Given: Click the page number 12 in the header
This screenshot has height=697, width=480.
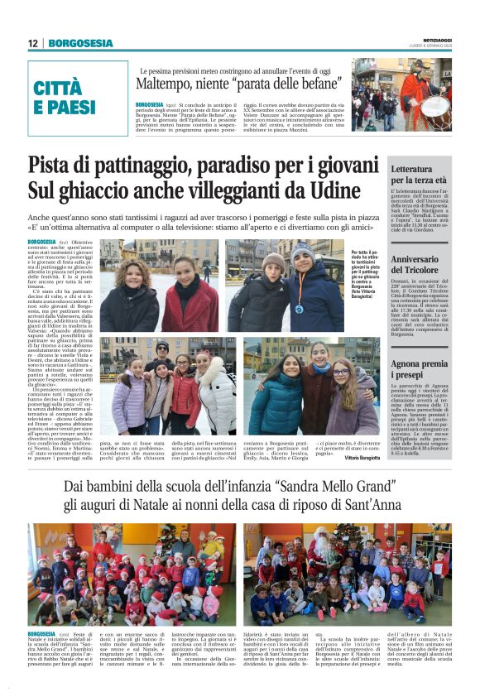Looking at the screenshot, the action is (32, 43).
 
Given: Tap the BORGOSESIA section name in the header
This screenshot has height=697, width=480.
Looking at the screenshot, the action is (81, 43).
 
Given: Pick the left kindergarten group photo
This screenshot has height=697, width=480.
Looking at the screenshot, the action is (132, 573).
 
